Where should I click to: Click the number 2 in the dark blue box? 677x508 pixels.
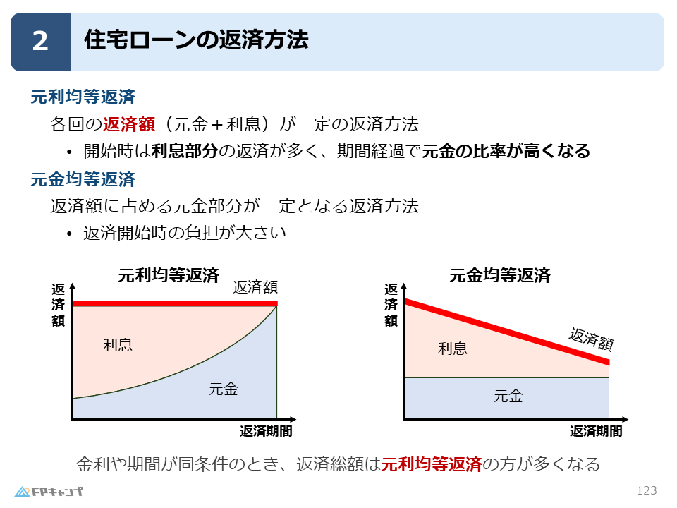click(40, 42)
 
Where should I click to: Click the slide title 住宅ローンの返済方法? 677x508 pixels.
click(195, 40)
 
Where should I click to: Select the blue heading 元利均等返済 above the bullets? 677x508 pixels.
click(83, 97)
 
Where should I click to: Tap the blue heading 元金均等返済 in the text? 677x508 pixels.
click(83, 179)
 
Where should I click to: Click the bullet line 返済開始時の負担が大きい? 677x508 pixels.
click(184, 233)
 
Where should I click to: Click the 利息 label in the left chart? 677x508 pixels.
click(118, 345)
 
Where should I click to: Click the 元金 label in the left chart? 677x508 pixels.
click(224, 388)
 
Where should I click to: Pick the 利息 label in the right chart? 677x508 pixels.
click(453, 348)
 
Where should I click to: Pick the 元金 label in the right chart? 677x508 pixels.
click(508, 397)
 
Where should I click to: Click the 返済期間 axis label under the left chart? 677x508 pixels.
click(266, 431)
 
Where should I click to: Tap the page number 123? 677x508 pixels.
click(647, 490)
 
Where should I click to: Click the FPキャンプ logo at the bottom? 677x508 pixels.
click(49, 491)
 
